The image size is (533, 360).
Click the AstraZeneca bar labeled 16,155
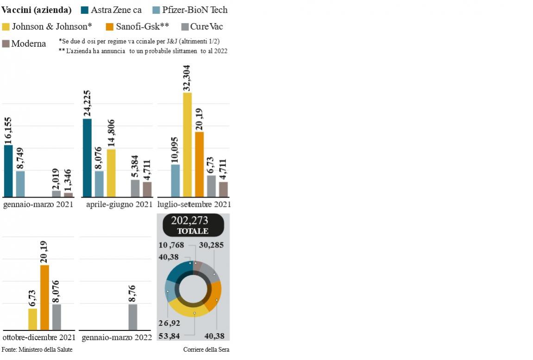(x=8, y=171)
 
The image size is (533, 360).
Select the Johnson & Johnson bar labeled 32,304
(x=187, y=145)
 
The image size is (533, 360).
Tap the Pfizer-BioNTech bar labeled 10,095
(x=175, y=180)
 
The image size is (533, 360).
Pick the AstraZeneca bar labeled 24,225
(x=87, y=158)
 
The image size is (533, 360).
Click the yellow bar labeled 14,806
(x=111, y=173)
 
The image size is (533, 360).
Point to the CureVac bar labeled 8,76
(x=132, y=317)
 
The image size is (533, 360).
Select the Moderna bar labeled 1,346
(x=68, y=195)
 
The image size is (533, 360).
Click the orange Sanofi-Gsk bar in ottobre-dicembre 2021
(x=44, y=298)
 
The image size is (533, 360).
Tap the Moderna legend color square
(x=6, y=44)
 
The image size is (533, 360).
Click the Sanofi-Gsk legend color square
(x=110, y=27)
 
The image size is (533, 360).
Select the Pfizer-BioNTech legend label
(x=194, y=10)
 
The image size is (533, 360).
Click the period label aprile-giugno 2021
(x=119, y=205)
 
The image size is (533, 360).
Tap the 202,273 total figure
(x=189, y=220)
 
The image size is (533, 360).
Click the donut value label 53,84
(x=169, y=336)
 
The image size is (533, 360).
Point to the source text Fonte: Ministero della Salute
(x=37, y=350)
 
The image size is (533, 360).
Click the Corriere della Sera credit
(x=206, y=350)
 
